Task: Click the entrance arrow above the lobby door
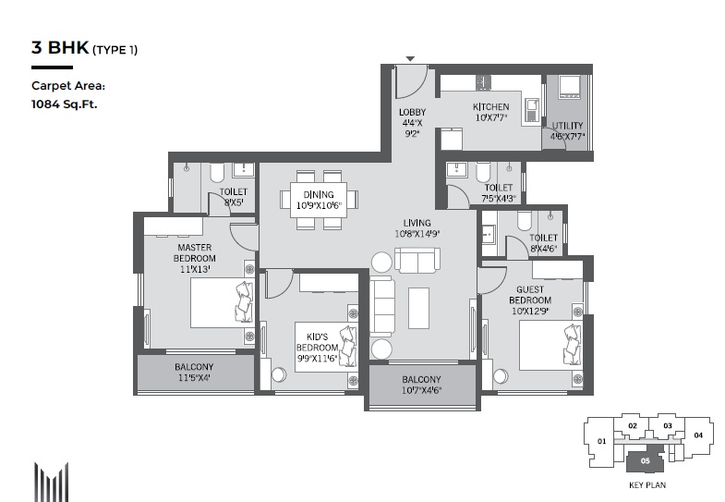coord(410,59)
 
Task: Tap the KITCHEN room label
coord(491,107)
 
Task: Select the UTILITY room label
coord(567,126)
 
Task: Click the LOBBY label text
coord(413,112)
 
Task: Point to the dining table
coord(319,200)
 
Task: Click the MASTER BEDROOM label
coord(195,253)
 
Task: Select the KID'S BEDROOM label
coord(317,342)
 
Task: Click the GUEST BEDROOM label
coord(530,295)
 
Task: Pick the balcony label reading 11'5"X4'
coord(194,377)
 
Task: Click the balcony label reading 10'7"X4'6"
coord(421,390)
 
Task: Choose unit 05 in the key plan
coord(645,460)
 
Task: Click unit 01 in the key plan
coord(601,441)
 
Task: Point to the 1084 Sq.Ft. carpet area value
coord(65,104)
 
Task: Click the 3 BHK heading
coord(60,47)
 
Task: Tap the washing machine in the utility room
coord(569,87)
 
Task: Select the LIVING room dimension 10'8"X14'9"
coord(417,234)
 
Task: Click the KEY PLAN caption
coord(647,485)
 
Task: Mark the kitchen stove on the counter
coord(483,82)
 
